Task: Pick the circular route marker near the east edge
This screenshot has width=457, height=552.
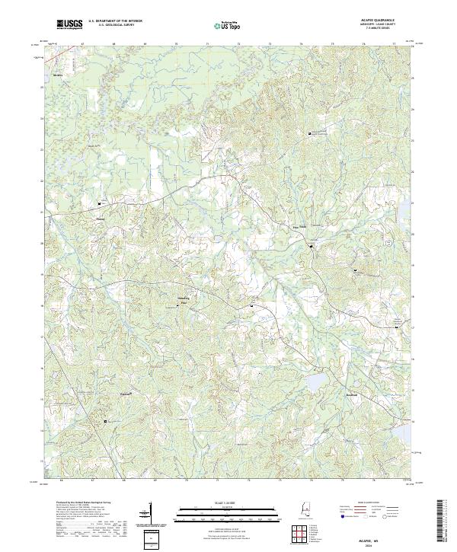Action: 388,242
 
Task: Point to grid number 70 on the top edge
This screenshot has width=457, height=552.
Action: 176,45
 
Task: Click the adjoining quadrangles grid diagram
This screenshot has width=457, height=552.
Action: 301,531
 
